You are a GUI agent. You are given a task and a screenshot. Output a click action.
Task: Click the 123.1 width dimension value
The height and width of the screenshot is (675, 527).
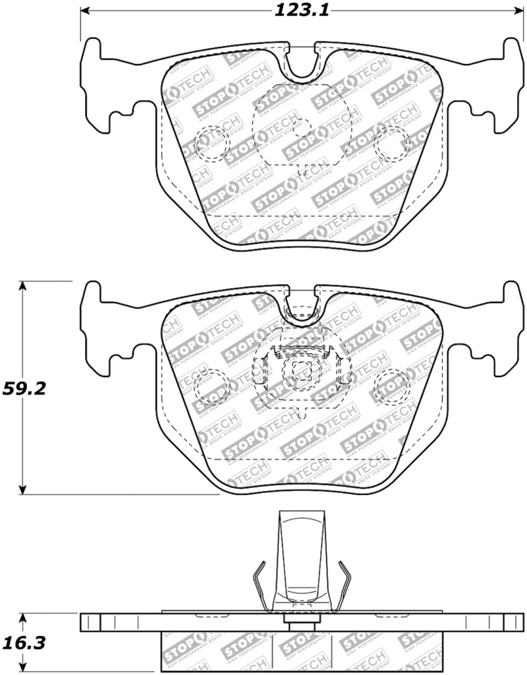pyautogui.click(x=302, y=10)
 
